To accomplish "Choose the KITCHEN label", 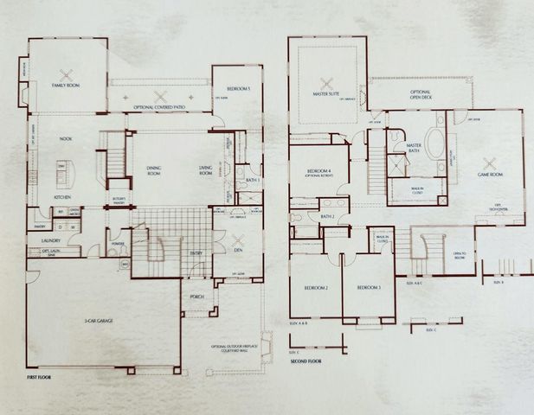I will point(62,197).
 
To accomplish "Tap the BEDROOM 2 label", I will point(315,287).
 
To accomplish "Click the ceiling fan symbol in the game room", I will point(490,161).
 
